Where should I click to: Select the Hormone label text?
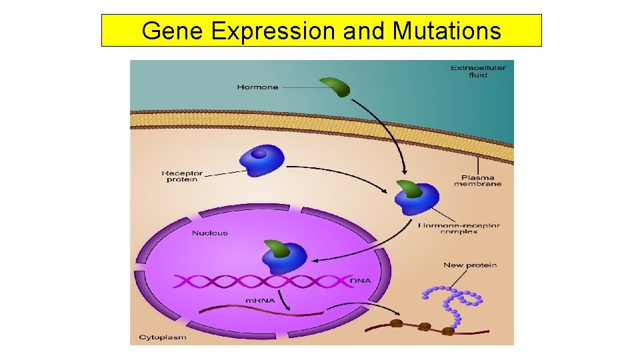257,87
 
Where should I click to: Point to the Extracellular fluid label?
477,71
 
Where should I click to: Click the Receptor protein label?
182,176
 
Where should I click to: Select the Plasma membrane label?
477,180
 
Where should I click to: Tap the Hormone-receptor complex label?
459,230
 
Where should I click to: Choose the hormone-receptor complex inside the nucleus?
283,255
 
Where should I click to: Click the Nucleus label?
209,233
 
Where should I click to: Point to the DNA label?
361,281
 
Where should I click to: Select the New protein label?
470,265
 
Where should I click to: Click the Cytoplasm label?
162,337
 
